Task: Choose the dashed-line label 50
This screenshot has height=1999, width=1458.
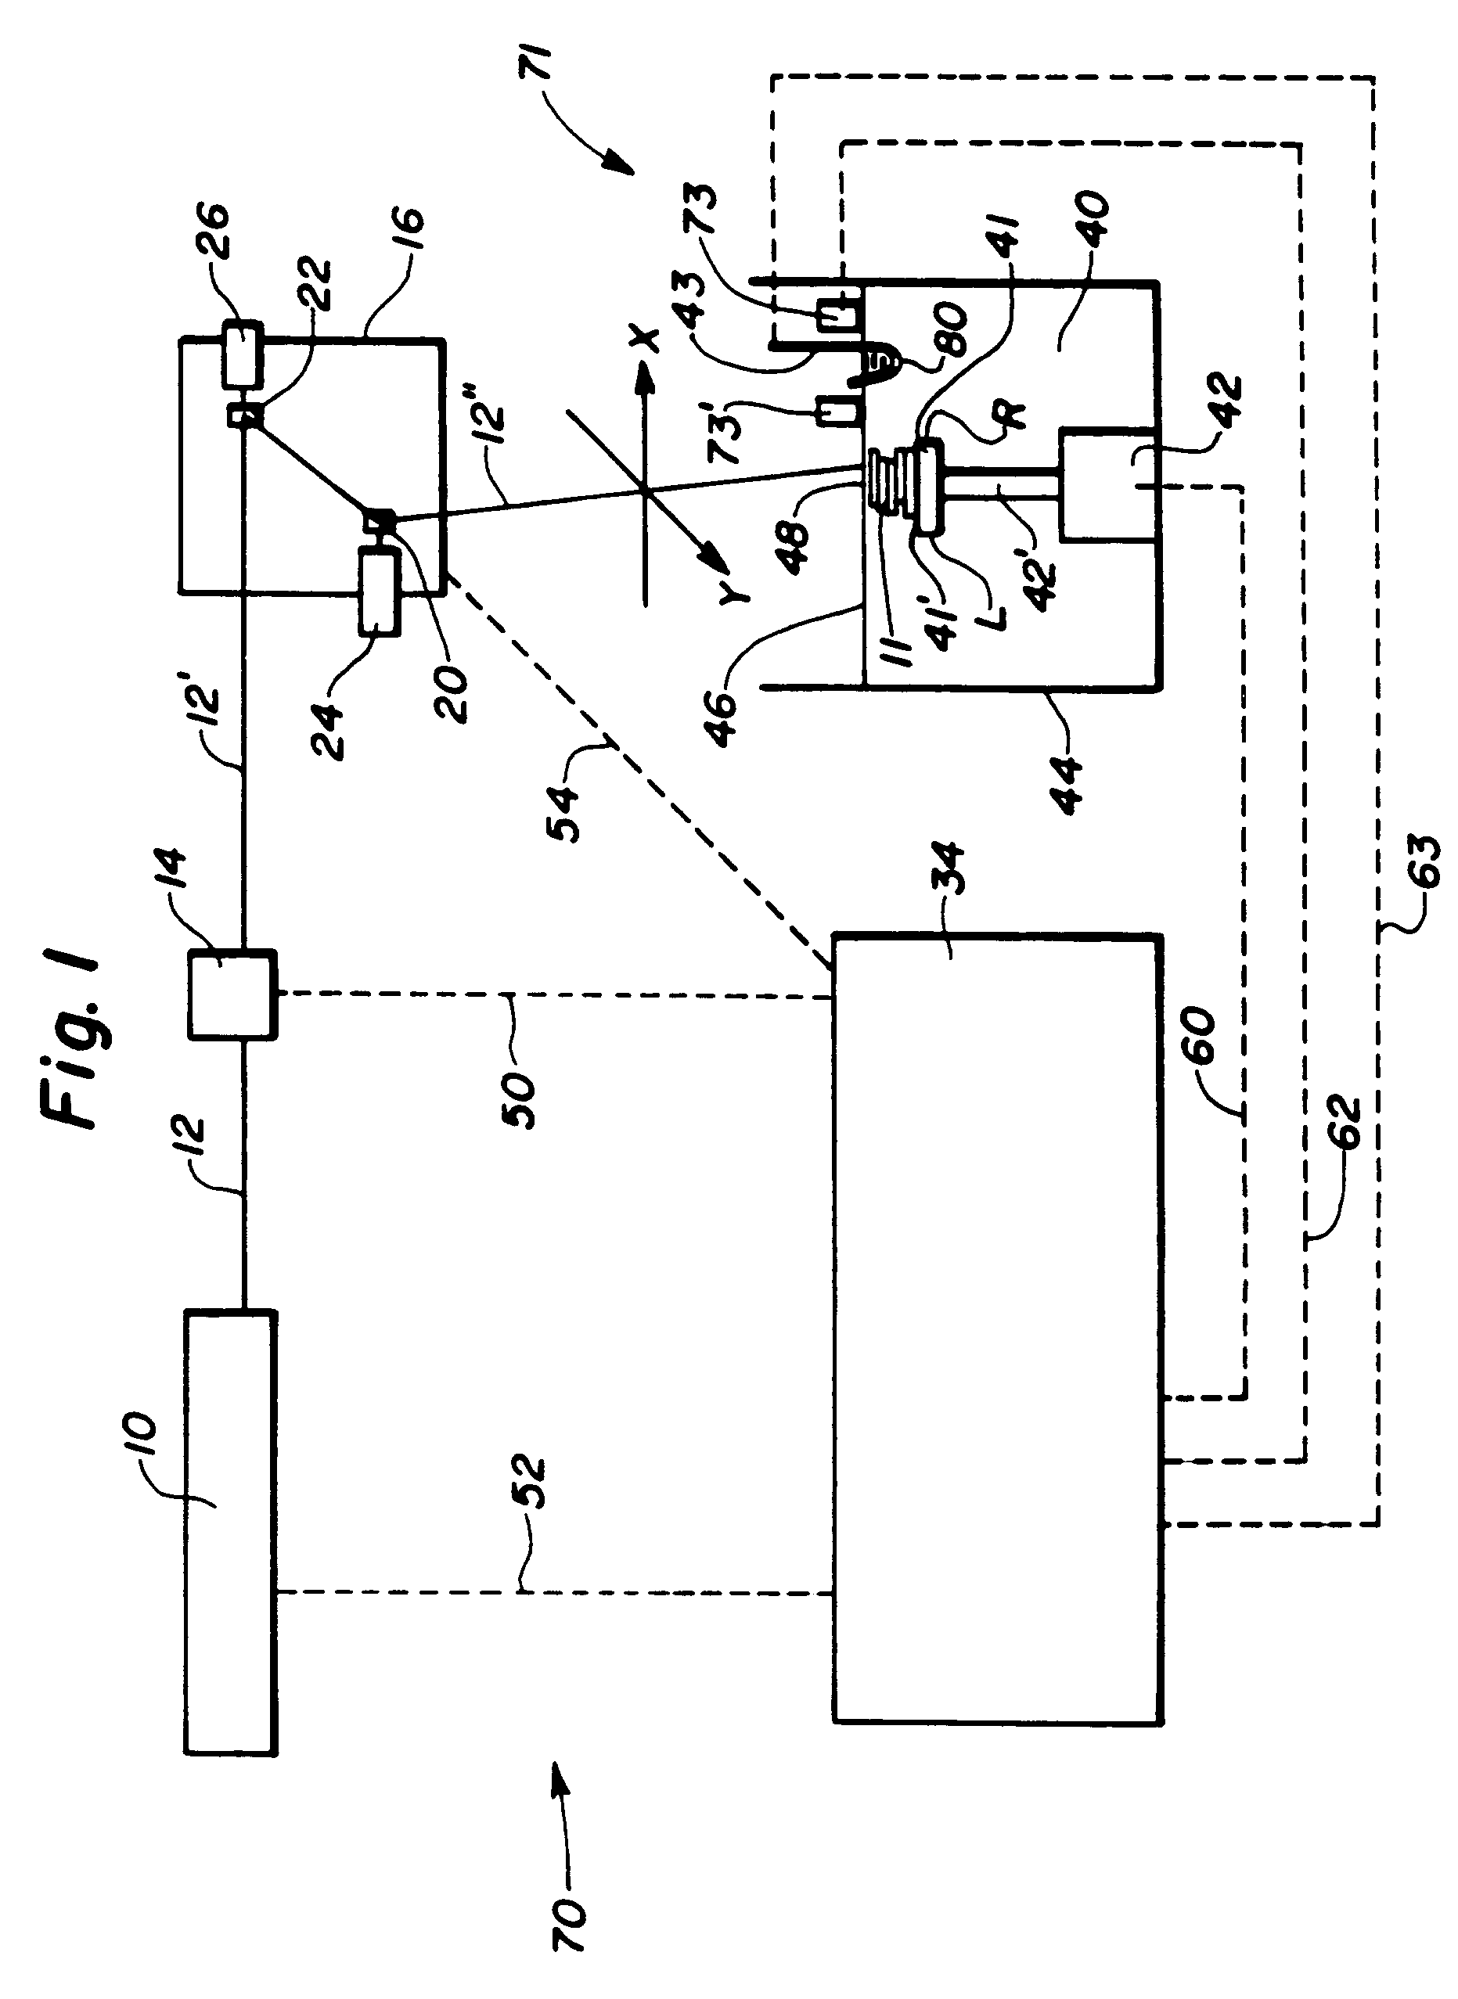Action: coord(520,1098)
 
